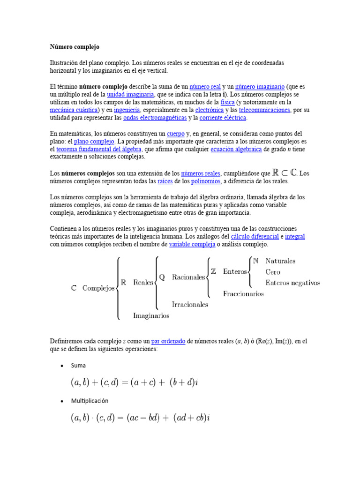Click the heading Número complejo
tap(75, 47)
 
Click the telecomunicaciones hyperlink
tap(264, 110)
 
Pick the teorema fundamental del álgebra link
tap(99, 149)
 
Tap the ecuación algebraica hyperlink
tap(236, 149)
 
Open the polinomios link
tap(206, 181)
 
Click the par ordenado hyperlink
tap(168, 342)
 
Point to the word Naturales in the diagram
tap(280, 261)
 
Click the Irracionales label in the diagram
tap(190, 304)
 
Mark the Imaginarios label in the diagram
tap(151, 315)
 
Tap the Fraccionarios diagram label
tap(243, 294)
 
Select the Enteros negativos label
tap(292, 283)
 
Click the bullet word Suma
tap(78, 365)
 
